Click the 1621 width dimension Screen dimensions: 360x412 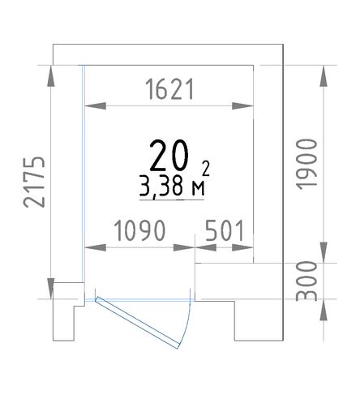(x=169, y=89)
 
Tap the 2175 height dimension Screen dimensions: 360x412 (x=34, y=182)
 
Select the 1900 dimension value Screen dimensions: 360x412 (x=306, y=164)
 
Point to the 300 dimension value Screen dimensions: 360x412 (x=306, y=281)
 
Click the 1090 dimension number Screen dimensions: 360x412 (x=139, y=230)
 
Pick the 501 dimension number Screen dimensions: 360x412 (x=225, y=230)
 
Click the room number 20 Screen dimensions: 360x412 (x=169, y=156)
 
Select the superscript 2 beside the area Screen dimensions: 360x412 (x=206, y=168)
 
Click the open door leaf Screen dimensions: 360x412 (x=137, y=323)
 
